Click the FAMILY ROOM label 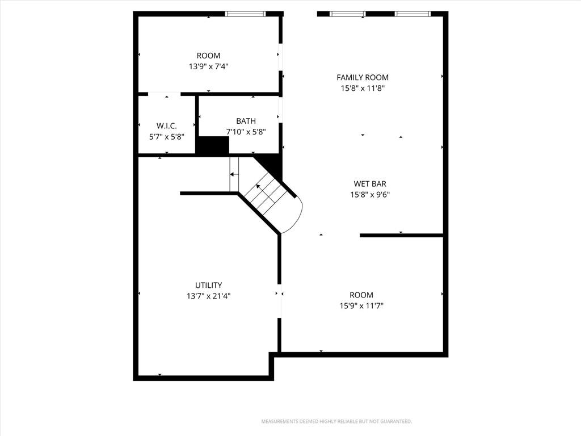coord(363,77)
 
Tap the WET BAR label coord(370,184)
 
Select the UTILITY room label coord(209,285)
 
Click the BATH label coord(246,121)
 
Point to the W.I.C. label coord(167,125)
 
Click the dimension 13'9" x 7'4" coord(209,67)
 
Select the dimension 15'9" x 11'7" coord(361,306)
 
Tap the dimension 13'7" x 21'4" coord(209,296)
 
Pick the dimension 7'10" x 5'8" coord(246,132)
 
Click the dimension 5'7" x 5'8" coord(167,137)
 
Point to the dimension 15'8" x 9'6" coord(370,195)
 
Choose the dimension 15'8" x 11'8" coord(363,88)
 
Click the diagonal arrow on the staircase coord(263,190)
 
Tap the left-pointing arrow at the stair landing coord(234,174)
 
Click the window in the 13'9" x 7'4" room coord(245,14)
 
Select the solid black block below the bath coord(212,145)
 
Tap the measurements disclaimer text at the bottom coord(336,422)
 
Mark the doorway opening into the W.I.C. coord(164,94)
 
